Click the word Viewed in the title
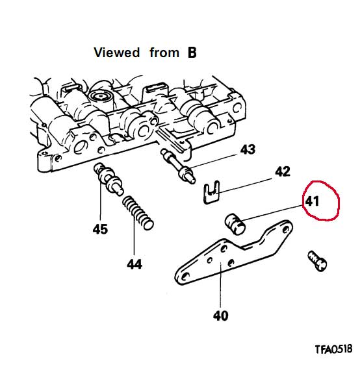pos(116,53)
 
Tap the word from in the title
pos(164,53)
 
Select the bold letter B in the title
pos(192,53)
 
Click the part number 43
pos(248,150)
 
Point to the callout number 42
pos(283,171)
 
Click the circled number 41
pos(312,201)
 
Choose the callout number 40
pos(220,316)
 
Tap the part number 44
pos(135,264)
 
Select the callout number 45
pos(100,229)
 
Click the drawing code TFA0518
pos(333,349)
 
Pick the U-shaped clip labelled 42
pos(212,192)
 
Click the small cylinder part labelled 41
pos(235,224)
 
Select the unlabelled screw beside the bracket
pos(317,260)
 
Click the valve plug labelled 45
pos(109,178)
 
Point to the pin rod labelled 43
pos(178,166)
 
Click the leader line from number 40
pos(221,285)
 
